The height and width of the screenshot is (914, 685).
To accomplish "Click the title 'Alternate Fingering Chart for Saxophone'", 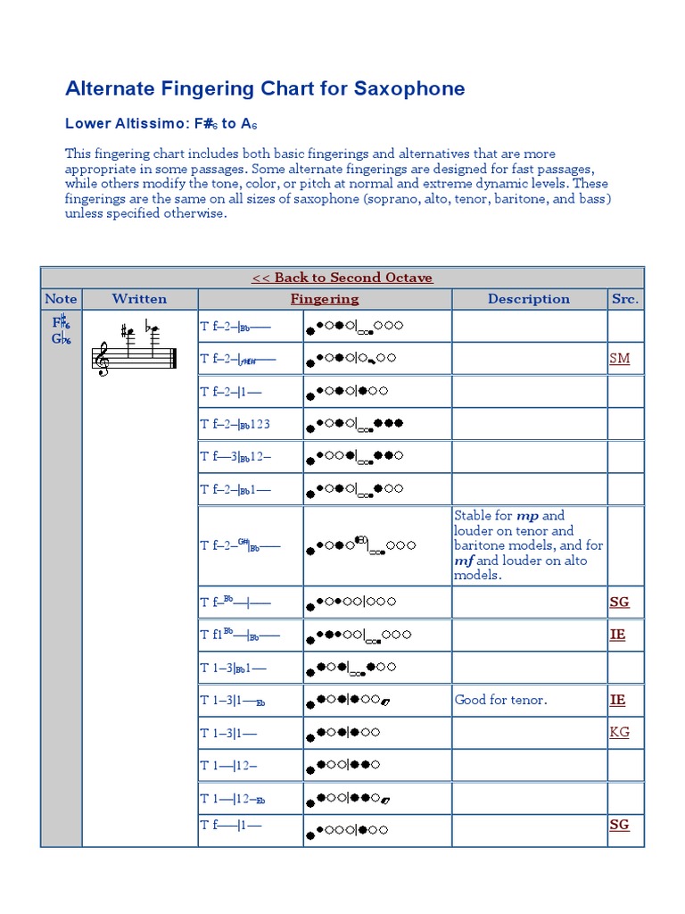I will [x=265, y=88].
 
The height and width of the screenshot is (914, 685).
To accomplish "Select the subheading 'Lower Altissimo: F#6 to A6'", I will [x=161, y=124].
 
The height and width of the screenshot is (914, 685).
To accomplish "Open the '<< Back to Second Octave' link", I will [x=342, y=278].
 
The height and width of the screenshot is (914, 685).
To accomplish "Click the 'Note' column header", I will [x=61, y=299].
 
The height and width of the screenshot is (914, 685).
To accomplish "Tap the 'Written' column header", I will [x=139, y=299].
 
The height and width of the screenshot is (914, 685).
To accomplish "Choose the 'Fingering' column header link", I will [x=325, y=299].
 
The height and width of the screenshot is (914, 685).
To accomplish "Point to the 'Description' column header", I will [x=528, y=299].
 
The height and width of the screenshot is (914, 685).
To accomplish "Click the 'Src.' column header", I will [x=624, y=299].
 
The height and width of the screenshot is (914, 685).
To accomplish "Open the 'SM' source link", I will [x=619, y=359].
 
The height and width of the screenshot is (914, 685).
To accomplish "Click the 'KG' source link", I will [x=619, y=732].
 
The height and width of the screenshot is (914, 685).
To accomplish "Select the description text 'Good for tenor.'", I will [x=500, y=700].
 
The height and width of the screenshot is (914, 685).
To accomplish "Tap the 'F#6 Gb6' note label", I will [x=61, y=330].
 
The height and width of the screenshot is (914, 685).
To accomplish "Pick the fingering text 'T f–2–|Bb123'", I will [x=235, y=424].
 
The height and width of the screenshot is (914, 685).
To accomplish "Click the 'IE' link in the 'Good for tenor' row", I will [x=617, y=700].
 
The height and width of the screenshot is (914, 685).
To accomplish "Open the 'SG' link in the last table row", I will [x=619, y=825].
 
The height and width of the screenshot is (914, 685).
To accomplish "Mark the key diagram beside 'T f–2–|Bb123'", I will [x=355, y=425].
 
